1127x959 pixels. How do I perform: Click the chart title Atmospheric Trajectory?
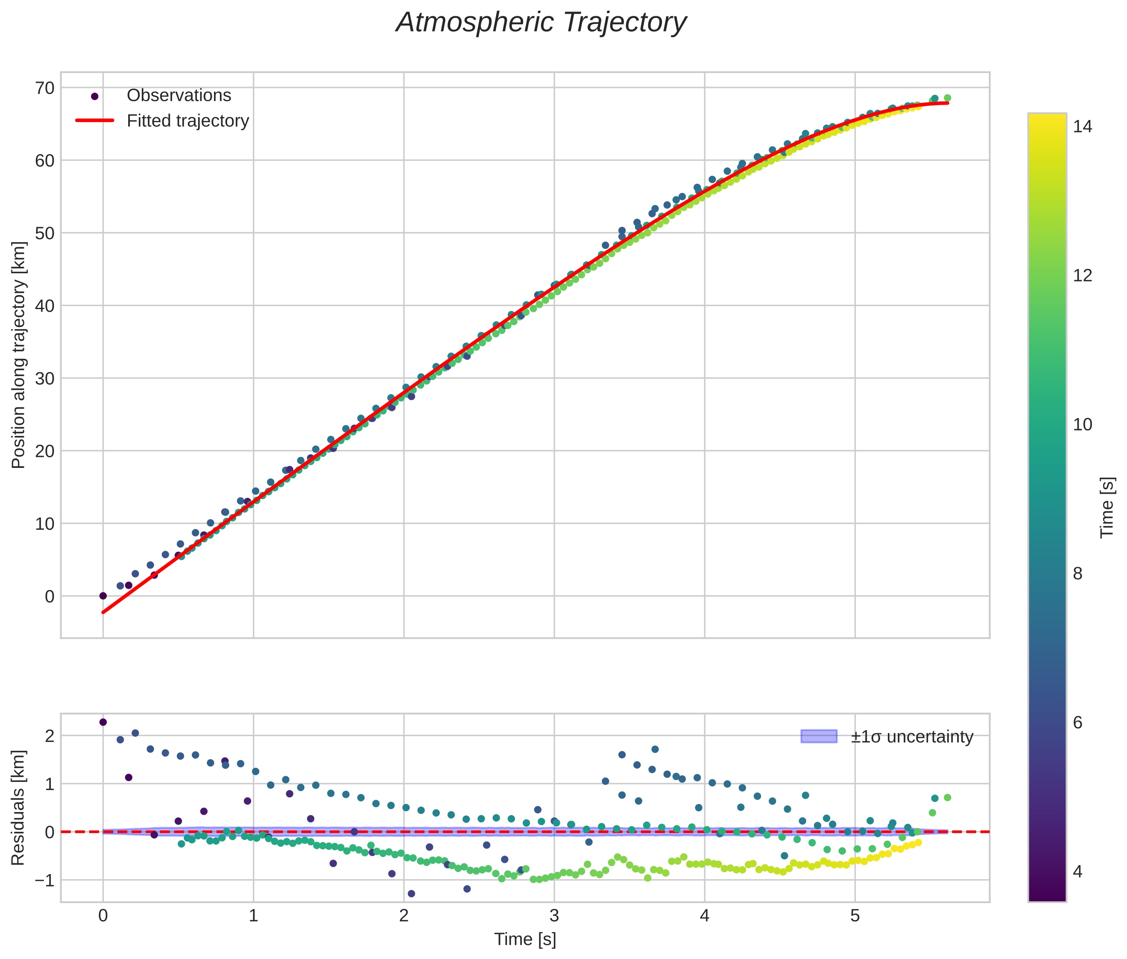541,23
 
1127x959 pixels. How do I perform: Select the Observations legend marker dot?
95,96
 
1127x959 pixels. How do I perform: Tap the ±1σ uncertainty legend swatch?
818,736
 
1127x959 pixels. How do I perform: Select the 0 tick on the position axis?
50,596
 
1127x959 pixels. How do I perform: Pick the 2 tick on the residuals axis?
50,736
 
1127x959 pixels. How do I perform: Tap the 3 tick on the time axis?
554,916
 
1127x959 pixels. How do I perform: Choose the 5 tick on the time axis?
855,916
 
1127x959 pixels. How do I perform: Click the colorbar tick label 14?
1083,127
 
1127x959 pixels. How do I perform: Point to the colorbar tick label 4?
1078,871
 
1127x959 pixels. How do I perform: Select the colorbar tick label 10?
1083,424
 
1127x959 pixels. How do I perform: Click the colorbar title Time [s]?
1107,507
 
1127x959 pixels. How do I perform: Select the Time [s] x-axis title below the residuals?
524,939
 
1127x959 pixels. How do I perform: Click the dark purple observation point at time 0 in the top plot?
103,596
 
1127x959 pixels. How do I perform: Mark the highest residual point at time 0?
103,722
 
